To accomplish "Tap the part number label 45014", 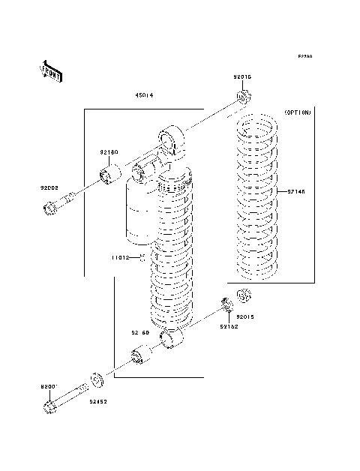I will tap(145, 95).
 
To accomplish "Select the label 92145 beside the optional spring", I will tap(295, 191).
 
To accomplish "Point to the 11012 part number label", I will tap(121, 257).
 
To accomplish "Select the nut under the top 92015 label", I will tap(243, 97).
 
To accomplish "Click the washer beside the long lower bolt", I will tap(97, 379).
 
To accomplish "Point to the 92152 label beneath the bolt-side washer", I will tap(99, 402).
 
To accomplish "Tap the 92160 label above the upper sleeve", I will tap(109, 152).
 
